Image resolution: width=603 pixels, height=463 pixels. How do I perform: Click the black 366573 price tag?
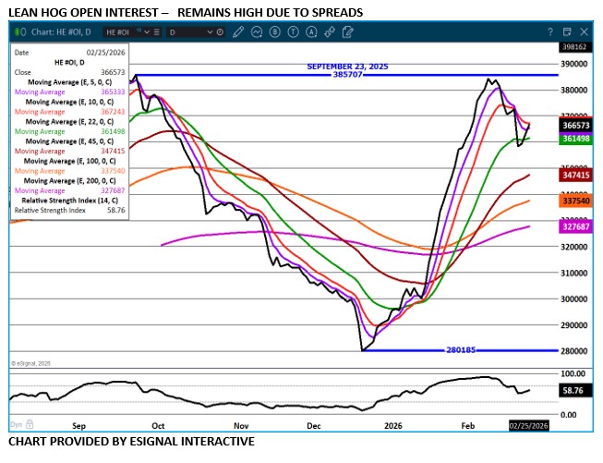[575, 124]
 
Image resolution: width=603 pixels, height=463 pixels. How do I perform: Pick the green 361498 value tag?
[575, 139]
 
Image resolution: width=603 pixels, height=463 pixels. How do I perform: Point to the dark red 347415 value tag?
[575, 175]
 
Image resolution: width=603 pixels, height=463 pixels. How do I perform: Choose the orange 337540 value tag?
[575, 201]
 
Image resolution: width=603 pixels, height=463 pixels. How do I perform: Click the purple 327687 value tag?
[575, 225]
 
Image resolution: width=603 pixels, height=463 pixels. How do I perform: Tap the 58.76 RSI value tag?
[575, 392]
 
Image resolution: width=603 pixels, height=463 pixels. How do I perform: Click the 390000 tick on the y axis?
[576, 65]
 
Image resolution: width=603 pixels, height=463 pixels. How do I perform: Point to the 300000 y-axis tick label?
[576, 299]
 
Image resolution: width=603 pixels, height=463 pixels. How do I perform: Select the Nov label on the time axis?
[241, 426]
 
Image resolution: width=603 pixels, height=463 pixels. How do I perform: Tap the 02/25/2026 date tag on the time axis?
[529, 426]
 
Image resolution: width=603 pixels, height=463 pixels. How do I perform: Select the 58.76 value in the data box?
[116, 210]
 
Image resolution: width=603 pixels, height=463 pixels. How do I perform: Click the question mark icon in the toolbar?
[551, 31]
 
